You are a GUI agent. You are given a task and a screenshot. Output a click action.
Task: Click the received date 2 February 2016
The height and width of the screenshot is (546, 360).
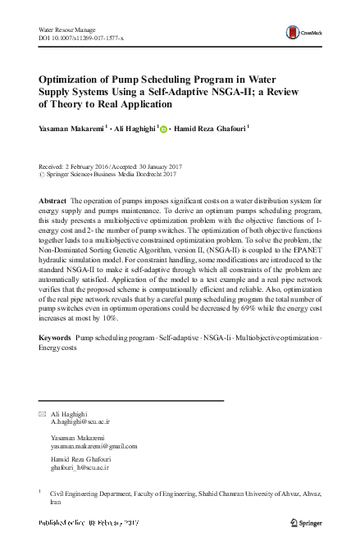[x=89, y=166]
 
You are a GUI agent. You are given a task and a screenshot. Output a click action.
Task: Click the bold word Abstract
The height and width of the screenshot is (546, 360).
[x=53, y=201]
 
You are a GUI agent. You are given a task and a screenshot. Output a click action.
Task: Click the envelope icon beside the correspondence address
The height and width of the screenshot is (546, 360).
[x=43, y=416]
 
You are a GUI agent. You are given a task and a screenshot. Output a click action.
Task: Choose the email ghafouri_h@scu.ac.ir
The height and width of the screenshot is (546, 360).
[x=80, y=470]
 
